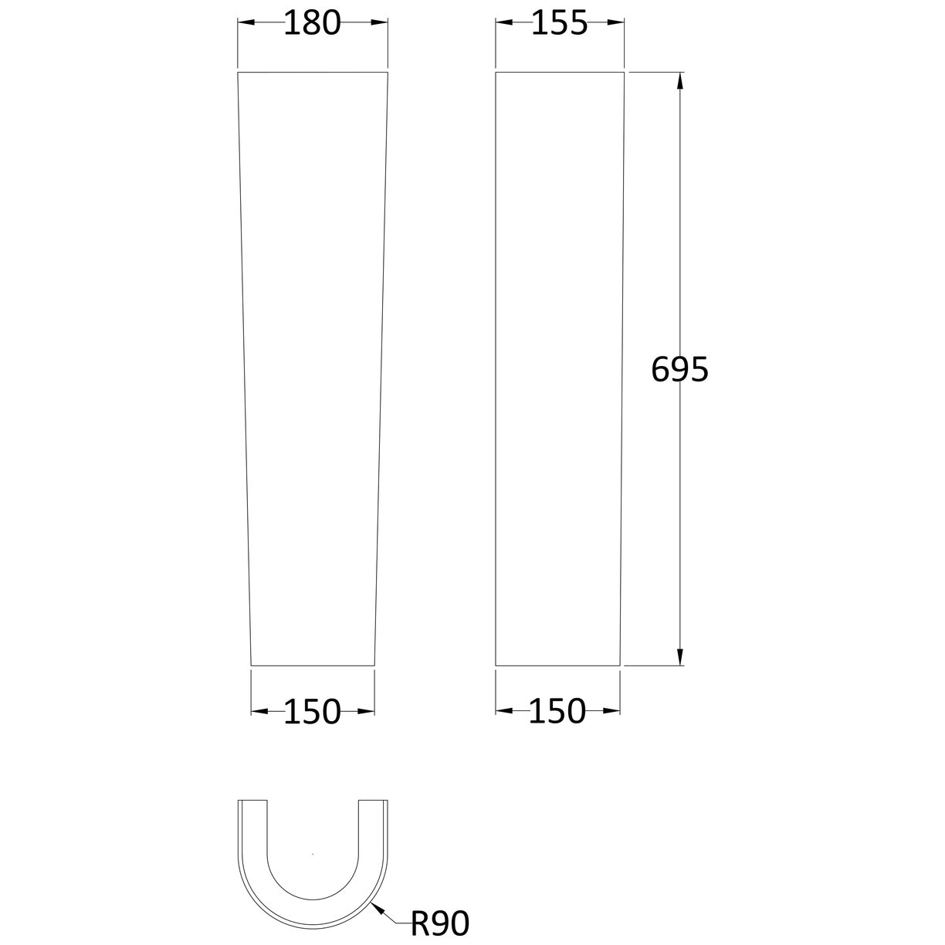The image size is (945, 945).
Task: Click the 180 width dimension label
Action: tap(312, 24)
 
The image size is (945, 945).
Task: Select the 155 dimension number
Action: tap(560, 24)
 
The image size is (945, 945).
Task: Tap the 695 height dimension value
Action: tap(679, 371)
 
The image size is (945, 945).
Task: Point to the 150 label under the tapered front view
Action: tap(312, 711)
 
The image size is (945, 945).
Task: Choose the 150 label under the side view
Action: tap(557, 711)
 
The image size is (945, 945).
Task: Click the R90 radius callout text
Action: tap(440, 923)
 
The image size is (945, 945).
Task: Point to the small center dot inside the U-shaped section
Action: tap(312, 854)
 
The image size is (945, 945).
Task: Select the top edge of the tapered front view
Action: tap(312, 73)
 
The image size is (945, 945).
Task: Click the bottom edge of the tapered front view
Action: tap(312, 665)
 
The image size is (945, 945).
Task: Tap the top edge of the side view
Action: tap(559, 72)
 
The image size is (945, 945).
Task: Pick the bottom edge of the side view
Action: tap(557, 665)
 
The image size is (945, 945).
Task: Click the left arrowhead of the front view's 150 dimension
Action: tap(259, 711)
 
